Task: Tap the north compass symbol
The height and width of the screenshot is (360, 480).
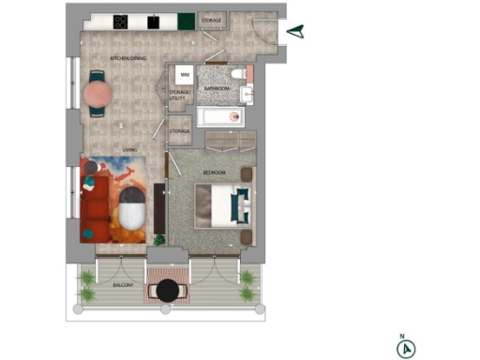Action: tap(405, 348)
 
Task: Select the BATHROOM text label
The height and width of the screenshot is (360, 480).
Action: tap(217, 88)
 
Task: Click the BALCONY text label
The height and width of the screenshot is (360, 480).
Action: tap(124, 284)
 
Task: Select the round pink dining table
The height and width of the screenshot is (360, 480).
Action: tap(97, 94)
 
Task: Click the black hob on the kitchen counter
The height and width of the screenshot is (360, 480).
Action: tap(121, 21)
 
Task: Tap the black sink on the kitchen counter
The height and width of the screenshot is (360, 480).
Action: tap(152, 21)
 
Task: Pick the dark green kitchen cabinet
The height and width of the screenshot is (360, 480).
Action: tap(186, 21)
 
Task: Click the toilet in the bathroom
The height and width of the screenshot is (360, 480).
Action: tap(238, 75)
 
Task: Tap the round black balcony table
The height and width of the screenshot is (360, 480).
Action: tap(168, 291)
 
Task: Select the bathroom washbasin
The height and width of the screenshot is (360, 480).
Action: tap(247, 94)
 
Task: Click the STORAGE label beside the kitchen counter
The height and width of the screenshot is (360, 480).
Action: tap(212, 20)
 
